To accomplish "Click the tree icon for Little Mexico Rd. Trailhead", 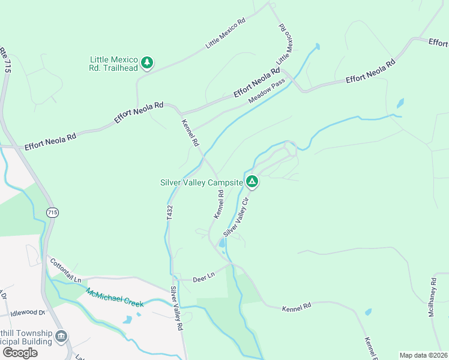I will [x=147, y=62].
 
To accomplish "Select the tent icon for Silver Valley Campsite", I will [x=253, y=181].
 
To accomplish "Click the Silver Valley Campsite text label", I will [x=201, y=182].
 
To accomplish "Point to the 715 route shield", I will [x=52, y=212].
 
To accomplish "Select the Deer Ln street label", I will [x=203, y=278].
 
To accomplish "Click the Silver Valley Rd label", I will [x=175, y=308].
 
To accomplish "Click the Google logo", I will [x=20, y=353].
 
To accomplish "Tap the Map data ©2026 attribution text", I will [x=424, y=355].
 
